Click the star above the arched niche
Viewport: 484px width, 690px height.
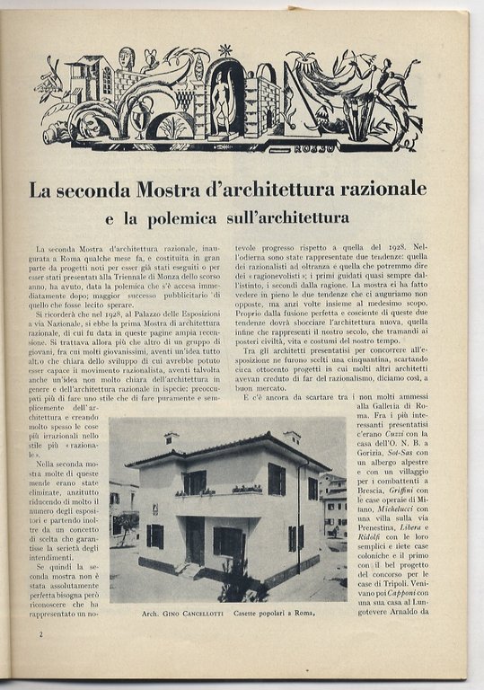click(224, 50)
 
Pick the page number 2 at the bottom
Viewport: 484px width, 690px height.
click(42, 633)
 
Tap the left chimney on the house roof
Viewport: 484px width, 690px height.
click(171, 438)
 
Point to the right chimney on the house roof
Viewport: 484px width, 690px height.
click(292, 438)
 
